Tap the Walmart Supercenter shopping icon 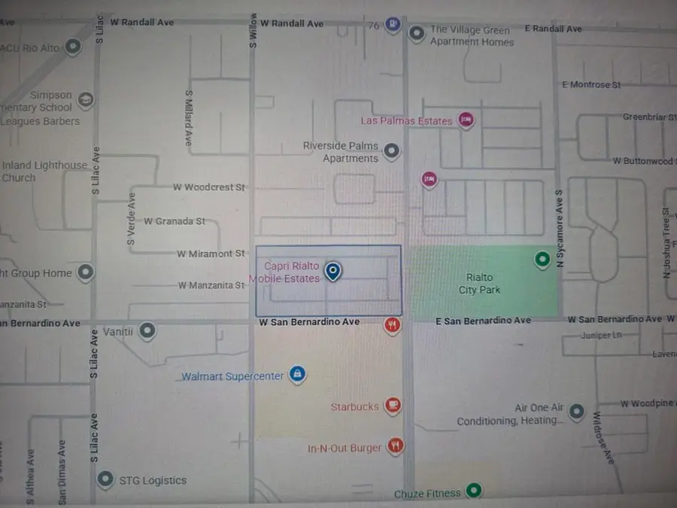click(298, 374)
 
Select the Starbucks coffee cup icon click(391, 406)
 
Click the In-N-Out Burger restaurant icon click(396, 446)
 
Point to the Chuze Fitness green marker click(473, 491)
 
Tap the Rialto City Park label click(479, 284)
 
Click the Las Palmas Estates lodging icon click(466, 120)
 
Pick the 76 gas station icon click(393, 24)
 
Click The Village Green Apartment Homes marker click(416, 33)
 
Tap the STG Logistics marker click(106, 479)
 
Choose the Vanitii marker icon click(148, 330)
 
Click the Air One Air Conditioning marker click(576, 412)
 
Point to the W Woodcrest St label click(210, 187)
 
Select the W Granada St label click(175, 221)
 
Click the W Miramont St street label click(211, 254)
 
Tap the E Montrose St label click(591, 85)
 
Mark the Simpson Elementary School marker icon click(87, 99)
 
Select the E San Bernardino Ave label click(484, 321)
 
